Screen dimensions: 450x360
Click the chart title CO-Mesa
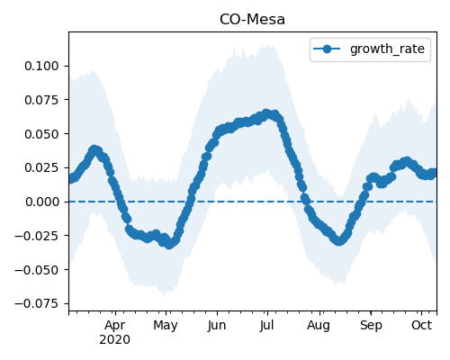point(252,20)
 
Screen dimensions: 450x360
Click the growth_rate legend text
point(387,49)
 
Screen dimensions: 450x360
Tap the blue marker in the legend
point(327,49)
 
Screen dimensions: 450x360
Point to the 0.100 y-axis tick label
point(41,66)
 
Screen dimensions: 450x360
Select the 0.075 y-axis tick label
point(41,100)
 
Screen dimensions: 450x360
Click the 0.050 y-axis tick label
point(41,134)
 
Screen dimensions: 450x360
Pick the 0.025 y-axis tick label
point(41,167)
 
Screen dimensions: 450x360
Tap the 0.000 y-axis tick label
point(42,202)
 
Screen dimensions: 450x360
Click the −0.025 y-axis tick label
point(37,236)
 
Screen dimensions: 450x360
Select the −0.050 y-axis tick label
point(37,270)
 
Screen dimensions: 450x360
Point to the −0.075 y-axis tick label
point(37,304)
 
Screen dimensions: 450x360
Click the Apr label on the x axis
point(115,326)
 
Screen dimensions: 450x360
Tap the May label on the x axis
point(166,326)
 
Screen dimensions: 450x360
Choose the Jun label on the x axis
point(217,326)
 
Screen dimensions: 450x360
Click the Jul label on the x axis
point(266,326)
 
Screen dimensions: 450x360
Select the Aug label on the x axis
point(319,326)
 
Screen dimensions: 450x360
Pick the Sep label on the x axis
point(371,326)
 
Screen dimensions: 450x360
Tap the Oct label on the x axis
point(421,325)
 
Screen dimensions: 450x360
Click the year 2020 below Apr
point(115,340)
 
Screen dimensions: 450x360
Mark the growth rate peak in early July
point(266,113)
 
